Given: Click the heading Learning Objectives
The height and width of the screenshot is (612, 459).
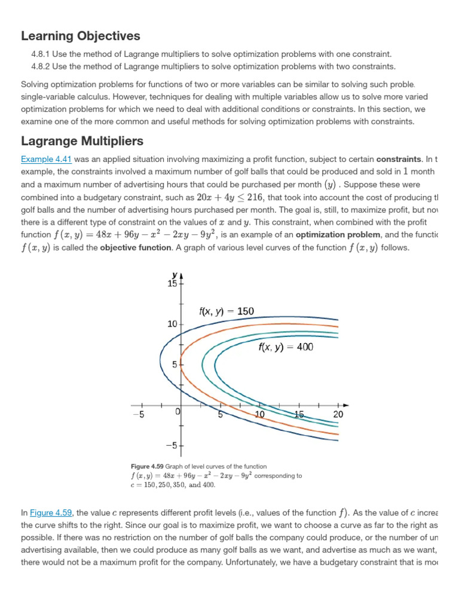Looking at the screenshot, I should coord(80,36).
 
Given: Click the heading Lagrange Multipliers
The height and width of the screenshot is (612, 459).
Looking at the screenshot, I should coord(82,141).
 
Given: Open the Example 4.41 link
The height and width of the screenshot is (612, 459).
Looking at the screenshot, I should coord(46,158).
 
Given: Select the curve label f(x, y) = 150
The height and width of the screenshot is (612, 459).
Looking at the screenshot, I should coord(226,311).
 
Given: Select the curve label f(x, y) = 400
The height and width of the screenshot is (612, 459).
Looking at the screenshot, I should coord(286,347).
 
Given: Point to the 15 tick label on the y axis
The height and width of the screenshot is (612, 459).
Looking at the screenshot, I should coord(172,284).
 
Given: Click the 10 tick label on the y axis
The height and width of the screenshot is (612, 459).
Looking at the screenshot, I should coord(172,324).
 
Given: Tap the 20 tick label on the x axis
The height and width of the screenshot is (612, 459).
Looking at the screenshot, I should coord(338,415).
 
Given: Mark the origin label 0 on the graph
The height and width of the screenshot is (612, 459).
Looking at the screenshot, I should coord(178,412).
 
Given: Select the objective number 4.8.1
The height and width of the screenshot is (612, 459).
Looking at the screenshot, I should coord(41,54).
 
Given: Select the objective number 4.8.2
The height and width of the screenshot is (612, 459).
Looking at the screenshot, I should coord(41,66).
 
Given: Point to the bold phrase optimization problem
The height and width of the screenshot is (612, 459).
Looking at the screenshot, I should coord(331,234).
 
